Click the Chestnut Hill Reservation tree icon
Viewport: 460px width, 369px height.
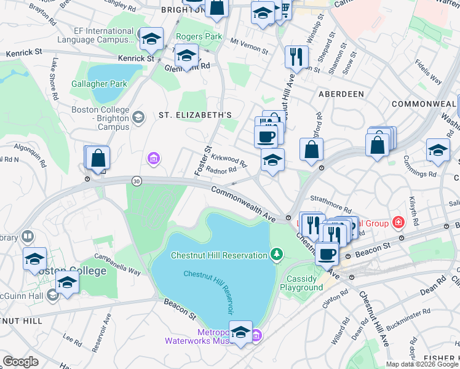point(277,255)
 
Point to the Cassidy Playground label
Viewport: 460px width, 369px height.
point(301,283)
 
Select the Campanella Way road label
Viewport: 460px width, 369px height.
point(117,264)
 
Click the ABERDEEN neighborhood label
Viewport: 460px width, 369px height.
point(341,94)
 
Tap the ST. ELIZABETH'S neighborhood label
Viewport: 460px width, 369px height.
point(195,115)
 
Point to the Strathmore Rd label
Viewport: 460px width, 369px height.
point(330,210)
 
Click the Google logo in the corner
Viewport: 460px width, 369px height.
point(20,362)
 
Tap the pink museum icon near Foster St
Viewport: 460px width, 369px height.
point(153,160)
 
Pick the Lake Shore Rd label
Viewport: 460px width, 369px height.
point(55,79)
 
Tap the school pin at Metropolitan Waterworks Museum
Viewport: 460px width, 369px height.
point(240,332)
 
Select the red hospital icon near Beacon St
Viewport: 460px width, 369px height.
point(399,221)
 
